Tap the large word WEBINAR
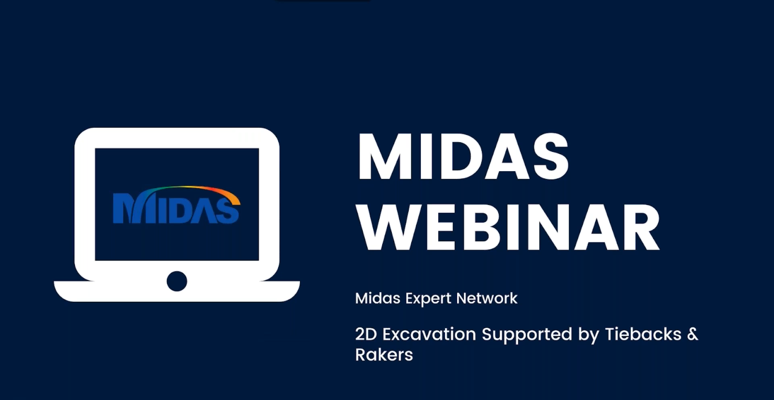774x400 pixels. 509,228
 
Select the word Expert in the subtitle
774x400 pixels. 428,299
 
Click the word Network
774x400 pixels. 487,298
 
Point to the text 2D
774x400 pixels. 366,334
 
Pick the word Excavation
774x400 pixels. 429,334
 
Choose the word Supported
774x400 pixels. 527,334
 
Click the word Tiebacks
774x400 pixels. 643,334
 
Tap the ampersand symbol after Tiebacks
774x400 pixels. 693,334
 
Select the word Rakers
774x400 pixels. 384,355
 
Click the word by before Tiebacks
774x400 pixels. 589,336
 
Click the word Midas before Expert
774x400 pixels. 378,298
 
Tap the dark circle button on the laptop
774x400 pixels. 177,281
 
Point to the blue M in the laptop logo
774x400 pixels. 127,208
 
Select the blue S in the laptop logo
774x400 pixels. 228,210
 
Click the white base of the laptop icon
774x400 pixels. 177,292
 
